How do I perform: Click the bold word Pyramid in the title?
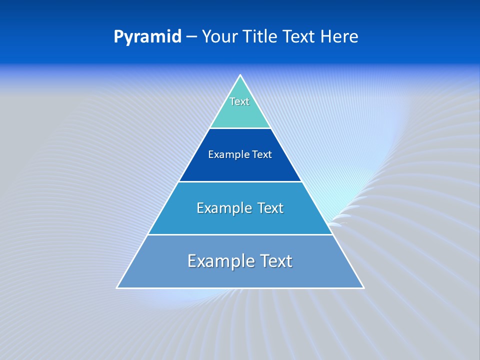pyautogui.click(x=147, y=37)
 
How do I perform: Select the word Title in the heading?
pyautogui.click(x=260, y=37)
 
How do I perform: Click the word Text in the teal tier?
pyautogui.click(x=239, y=101)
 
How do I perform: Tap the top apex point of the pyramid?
pyautogui.click(x=240, y=75)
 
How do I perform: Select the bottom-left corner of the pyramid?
pyautogui.click(x=117, y=287)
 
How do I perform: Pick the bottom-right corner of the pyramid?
pyautogui.click(x=363, y=287)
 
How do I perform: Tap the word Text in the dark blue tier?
pyautogui.click(x=262, y=155)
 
